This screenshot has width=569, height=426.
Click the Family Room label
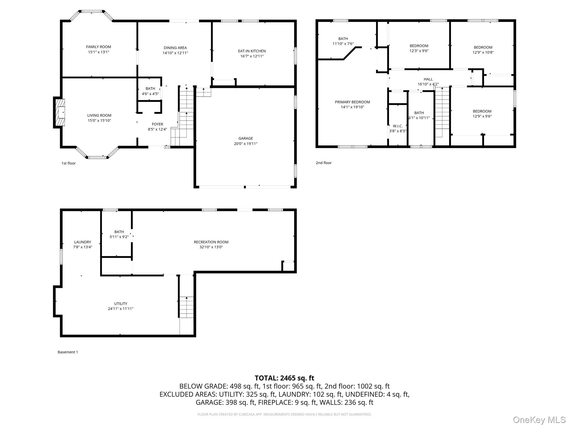(98, 47)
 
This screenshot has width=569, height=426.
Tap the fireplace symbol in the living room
(60, 113)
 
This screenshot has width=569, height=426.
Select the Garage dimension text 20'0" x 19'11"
(246, 144)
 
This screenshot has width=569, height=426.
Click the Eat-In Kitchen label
(252, 51)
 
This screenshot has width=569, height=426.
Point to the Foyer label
(157, 124)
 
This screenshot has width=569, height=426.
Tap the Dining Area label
(175, 48)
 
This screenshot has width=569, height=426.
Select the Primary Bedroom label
(352, 102)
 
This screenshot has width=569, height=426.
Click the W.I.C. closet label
(398, 126)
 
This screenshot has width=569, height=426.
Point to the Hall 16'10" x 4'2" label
(428, 82)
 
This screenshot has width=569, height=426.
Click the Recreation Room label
(211, 242)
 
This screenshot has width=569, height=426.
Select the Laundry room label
(83, 242)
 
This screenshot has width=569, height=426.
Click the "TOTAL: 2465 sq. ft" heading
(284, 378)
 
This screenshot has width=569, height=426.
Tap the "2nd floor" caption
(323, 163)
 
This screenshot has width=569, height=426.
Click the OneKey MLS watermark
(539, 420)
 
